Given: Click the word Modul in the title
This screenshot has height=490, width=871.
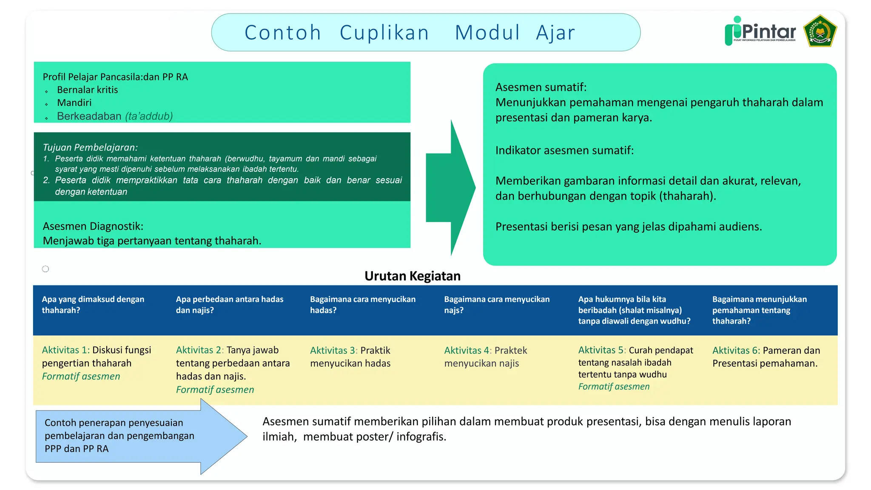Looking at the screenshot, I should (487, 33).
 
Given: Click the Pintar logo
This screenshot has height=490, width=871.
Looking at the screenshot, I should (760, 31).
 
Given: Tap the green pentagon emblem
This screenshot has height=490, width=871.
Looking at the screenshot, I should (820, 31).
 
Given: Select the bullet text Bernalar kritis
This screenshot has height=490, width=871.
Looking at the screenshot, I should (87, 90).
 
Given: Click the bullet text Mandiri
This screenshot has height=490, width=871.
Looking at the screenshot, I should (74, 103).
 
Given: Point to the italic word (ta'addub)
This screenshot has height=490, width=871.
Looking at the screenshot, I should (149, 116).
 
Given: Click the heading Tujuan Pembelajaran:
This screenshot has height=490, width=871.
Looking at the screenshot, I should (90, 147).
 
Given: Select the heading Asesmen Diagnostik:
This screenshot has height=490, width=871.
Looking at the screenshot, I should (93, 226).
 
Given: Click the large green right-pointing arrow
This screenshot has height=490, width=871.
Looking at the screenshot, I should (450, 187).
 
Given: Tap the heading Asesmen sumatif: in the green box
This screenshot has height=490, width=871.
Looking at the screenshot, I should (541, 87).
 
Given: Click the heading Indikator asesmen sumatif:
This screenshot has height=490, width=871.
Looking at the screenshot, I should (564, 150).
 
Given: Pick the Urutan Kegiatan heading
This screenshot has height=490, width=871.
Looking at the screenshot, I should (412, 276).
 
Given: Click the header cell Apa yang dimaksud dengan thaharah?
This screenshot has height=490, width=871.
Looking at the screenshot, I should (93, 305).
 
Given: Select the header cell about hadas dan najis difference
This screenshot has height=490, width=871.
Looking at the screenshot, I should (229, 305).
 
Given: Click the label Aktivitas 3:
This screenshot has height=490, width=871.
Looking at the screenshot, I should (333, 350).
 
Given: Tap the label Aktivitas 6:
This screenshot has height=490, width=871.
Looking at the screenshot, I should (736, 350).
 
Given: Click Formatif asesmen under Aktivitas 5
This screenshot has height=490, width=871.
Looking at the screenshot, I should (614, 387).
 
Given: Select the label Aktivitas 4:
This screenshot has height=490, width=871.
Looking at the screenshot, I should (467, 350).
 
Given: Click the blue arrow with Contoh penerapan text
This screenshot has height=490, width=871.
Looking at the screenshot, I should (128, 436).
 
